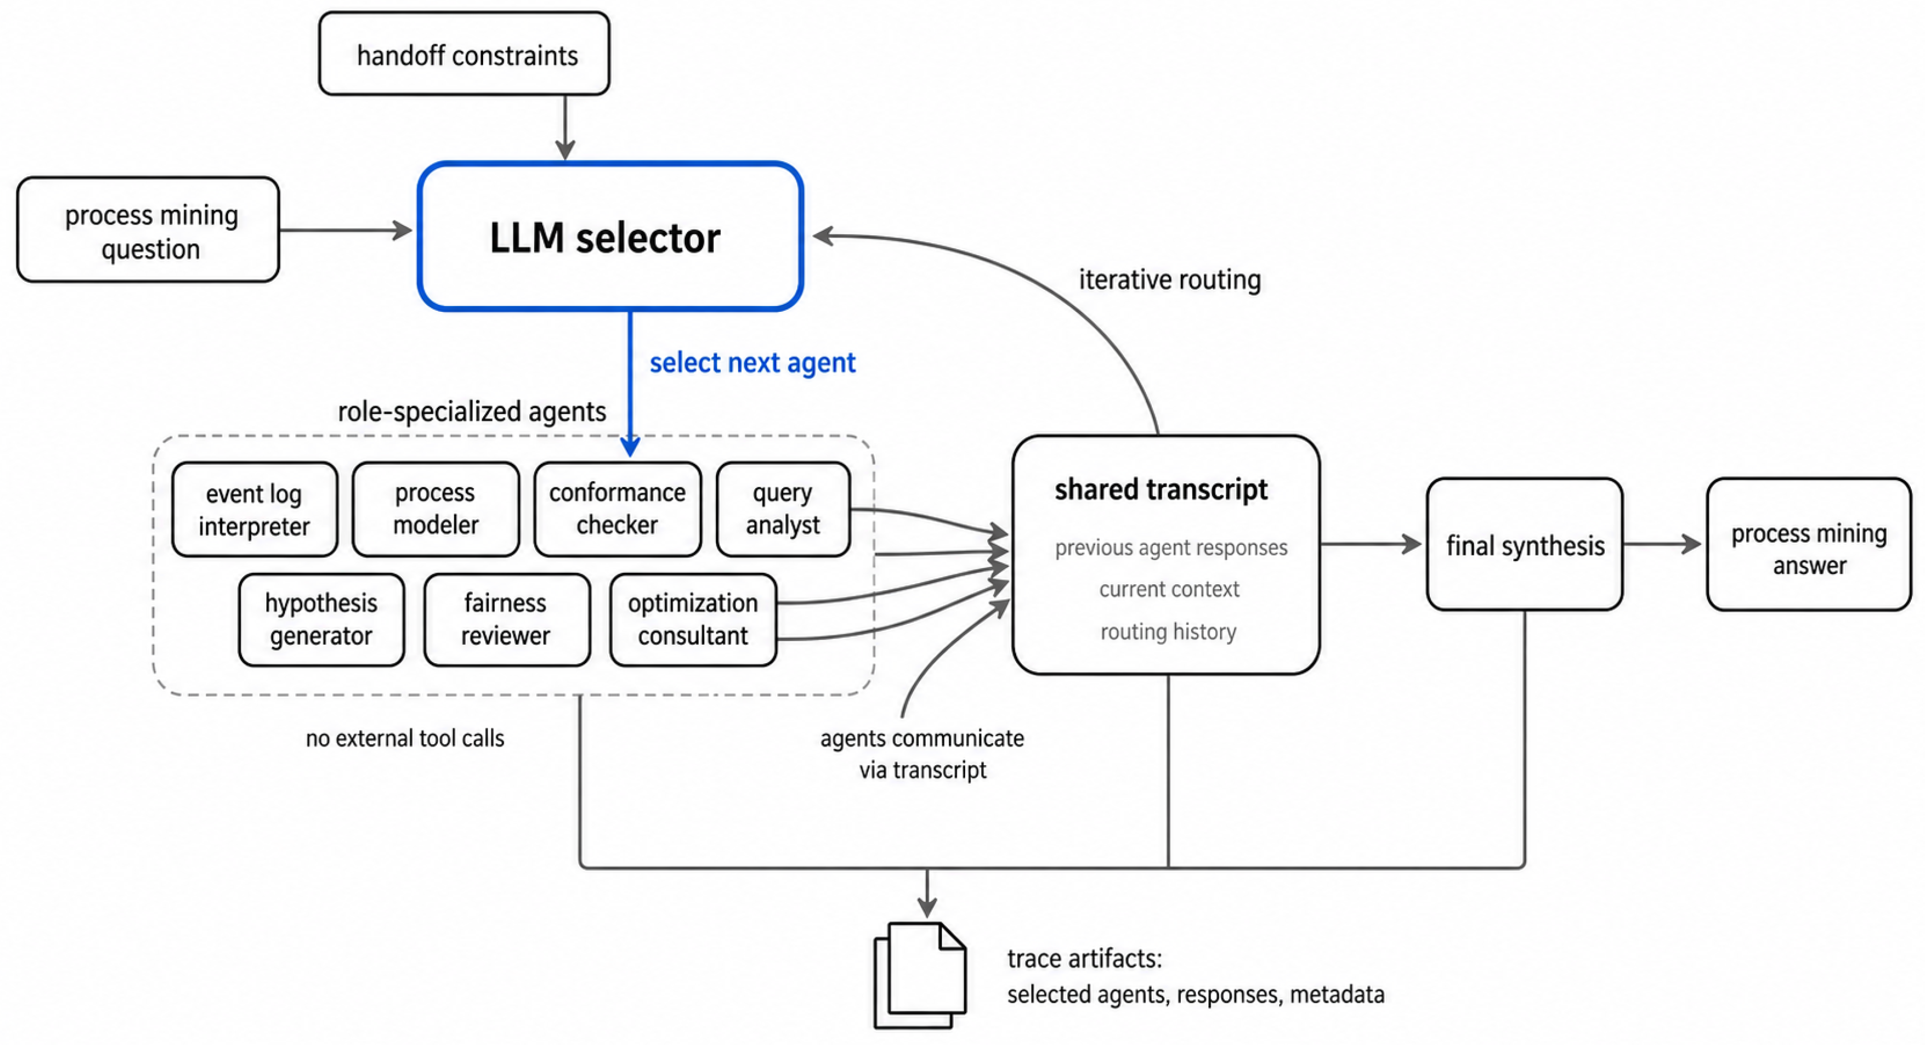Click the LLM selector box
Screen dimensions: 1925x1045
(610, 236)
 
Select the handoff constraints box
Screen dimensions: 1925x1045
(464, 53)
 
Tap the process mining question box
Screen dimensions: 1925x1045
(148, 229)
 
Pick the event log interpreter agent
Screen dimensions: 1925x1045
(254, 509)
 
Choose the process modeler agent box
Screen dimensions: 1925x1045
(436, 509)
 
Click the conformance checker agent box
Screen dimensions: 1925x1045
(617, 509)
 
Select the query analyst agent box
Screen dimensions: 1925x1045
(783, 509)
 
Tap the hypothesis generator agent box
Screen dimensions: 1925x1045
(321, 620)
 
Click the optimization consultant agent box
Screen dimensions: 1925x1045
(693, 620)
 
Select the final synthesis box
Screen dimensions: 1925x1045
(1524, 544)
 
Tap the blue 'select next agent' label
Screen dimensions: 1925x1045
(753, 362)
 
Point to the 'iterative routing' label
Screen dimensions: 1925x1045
(1170, 280)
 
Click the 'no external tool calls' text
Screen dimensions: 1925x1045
(405, 738)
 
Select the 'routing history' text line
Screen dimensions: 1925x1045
(1168, 632)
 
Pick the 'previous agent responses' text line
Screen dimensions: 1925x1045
(1171, 548)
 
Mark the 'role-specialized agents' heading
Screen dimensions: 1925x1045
(472, 412)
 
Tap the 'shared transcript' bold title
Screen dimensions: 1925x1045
(1161, 490)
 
